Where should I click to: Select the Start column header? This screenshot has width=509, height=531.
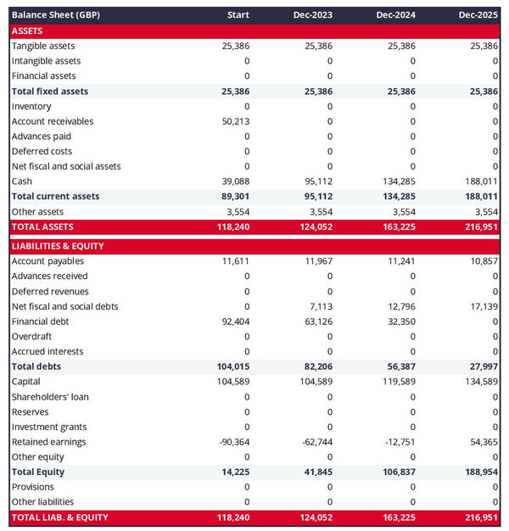click(x=238, y=15)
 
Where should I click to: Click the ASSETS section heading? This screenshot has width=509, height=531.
click(x=27, y=31)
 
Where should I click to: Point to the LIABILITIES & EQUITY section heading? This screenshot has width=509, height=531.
click(x=57, y=246)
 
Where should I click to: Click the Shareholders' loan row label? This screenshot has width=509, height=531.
click(x=50, y=397)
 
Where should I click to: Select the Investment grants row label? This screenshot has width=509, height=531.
click(x=49, y=427)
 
